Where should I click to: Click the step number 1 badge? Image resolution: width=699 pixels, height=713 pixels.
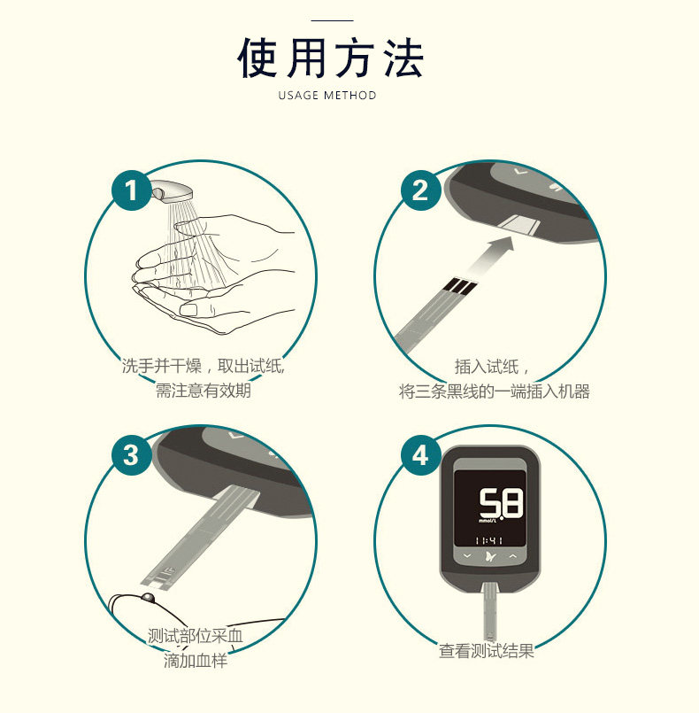[x=131, y=190]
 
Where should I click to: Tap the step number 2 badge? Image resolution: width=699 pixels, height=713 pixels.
[x=420, y=190]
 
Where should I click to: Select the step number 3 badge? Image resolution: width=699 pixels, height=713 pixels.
[x=131, y=455]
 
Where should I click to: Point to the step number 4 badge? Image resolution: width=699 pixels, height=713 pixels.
[x=420, y=455]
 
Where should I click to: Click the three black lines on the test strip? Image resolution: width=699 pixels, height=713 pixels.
[x=459, y=286]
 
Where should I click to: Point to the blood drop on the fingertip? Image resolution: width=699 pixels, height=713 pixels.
[x=148, y=597]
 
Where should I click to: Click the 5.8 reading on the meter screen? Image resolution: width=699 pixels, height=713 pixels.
[x=502, y=503]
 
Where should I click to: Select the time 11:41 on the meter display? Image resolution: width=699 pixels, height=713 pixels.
[x=488, y=540]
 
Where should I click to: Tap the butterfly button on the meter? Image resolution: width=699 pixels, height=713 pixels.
[x=490, y=556]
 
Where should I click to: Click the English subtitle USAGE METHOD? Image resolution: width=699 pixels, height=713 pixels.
[x=327, y=95]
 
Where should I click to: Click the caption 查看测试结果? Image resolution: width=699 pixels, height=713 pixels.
[x=486, y=651]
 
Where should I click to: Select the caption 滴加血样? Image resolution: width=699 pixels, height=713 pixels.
[x=196, y=660]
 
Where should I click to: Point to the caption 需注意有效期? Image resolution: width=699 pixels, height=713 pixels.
[x=204, y=390]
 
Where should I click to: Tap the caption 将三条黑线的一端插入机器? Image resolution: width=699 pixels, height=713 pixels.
[x=494, y=391]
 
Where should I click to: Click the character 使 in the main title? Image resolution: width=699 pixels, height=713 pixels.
[x=257, y=58]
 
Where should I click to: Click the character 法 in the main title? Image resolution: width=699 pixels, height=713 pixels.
[x=403, y=58]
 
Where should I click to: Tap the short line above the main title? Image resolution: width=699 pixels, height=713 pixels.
[x=332, y=20]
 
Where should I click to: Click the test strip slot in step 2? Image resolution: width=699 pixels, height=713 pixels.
[x=519, y=224]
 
